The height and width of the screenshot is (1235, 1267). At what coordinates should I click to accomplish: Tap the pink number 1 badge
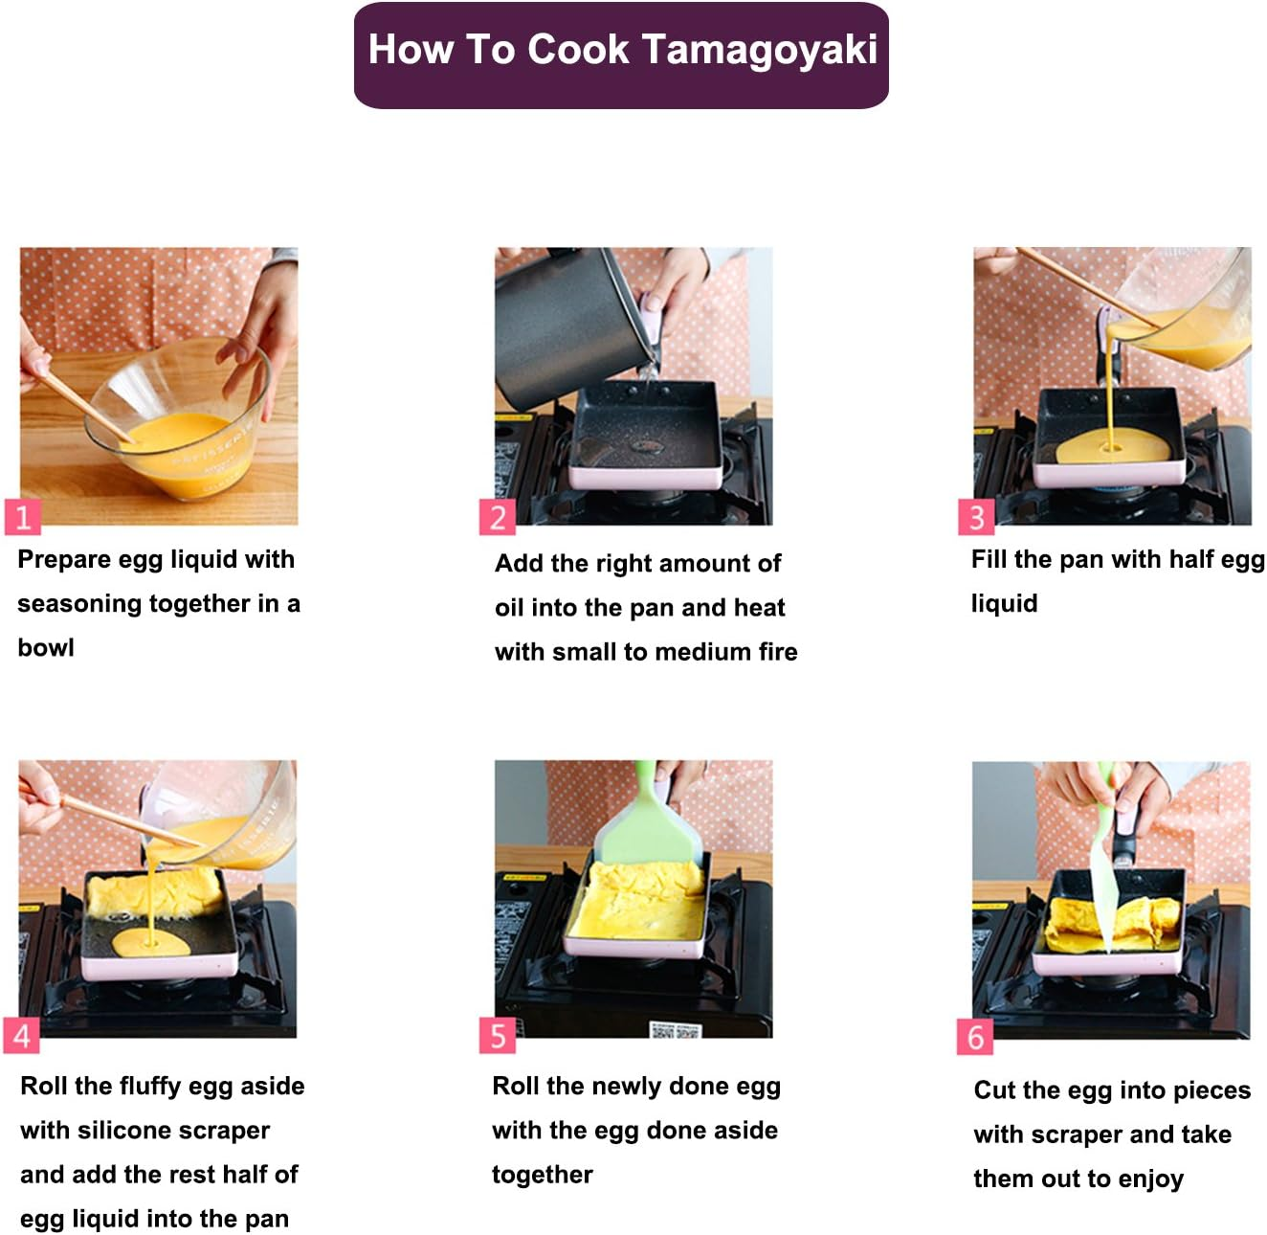22,518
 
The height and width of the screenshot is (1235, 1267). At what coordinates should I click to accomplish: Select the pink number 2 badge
497,518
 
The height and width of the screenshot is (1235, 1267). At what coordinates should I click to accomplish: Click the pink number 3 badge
976,518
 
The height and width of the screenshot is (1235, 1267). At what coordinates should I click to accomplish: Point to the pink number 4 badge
22,1036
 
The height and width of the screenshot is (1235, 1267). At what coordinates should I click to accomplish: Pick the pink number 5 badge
497,1036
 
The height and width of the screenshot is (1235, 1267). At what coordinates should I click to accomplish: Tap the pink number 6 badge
974,1037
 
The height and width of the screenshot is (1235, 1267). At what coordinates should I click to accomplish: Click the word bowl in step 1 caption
46,648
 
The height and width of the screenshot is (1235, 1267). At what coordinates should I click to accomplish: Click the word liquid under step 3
1004,604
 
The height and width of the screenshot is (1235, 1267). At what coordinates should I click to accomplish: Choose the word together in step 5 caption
542,1175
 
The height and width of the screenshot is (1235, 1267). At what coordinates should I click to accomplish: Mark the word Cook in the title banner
579,51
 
